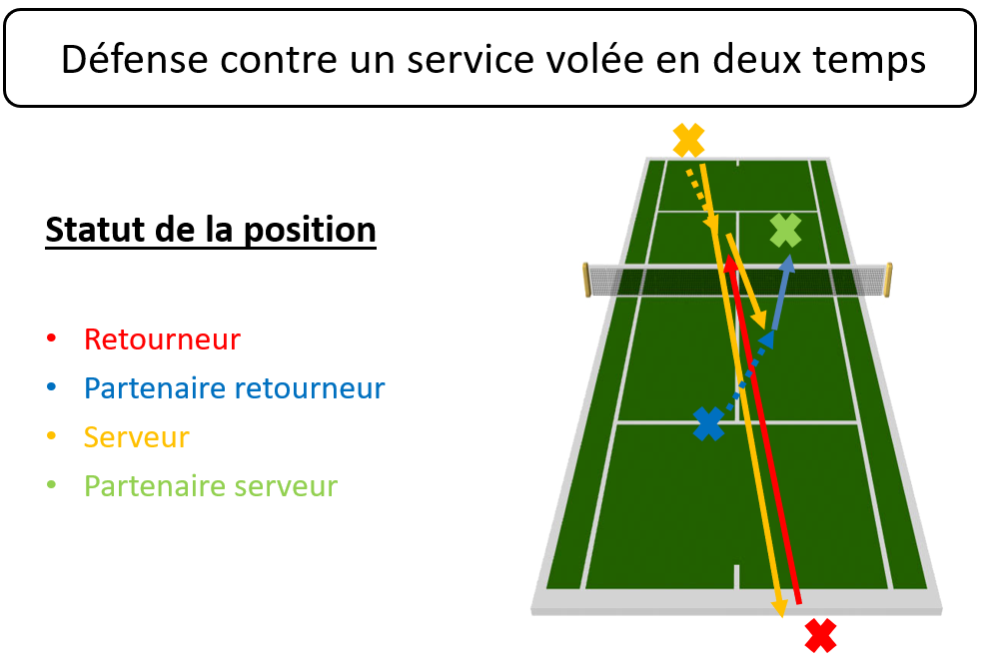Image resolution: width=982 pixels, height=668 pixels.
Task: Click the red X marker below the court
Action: [x=820, y=635]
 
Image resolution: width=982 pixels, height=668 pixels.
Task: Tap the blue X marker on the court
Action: [x=709, y=423]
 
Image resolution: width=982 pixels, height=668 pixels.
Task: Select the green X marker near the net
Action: [x=785, y=231]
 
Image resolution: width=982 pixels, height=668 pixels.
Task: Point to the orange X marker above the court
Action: [x=689, y=140]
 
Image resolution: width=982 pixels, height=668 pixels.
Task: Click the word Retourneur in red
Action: [x=162, y=339]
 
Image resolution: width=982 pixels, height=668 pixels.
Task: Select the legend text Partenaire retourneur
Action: [x=234, y=388]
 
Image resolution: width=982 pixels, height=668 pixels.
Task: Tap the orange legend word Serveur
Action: [x=137, y=437]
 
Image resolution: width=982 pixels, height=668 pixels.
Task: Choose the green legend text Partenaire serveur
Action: [x=211, y=486]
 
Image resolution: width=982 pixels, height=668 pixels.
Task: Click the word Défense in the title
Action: [x=135, y=60]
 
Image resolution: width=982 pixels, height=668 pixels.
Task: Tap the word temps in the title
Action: [x=869, y=61]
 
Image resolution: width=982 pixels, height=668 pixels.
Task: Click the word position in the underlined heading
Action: [x=310, y=230]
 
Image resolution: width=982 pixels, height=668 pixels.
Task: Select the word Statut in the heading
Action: [x=96, y=229]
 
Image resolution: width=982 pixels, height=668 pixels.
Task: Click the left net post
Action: [x=586, y=280]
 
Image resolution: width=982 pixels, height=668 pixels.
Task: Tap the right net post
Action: [x=888, y=280]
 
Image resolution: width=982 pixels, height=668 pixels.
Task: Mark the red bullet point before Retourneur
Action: [x=51, y=338]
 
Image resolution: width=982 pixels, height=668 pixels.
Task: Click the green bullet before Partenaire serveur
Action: [x=51, y=485]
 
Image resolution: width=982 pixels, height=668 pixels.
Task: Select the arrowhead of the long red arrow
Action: [x=730, y=264]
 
